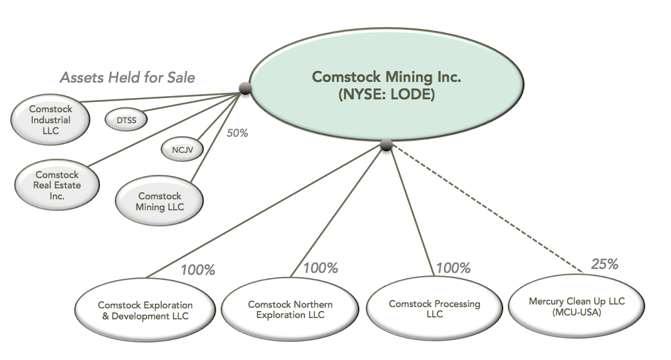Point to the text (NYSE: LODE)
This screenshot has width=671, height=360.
386,94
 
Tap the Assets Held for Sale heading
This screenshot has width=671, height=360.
127,77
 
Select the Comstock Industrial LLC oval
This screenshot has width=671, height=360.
50,120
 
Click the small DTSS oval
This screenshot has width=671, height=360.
125,119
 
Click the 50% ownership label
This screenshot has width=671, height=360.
237,133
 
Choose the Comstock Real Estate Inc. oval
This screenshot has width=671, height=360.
57,185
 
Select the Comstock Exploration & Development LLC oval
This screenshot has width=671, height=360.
145,310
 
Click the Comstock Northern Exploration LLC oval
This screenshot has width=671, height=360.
290,310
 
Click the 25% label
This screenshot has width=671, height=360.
605,264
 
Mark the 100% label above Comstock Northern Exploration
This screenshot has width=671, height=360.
320,267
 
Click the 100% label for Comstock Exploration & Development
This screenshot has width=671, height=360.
197,269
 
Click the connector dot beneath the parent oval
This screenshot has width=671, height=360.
386,145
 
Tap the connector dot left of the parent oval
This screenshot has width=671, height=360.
245,88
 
